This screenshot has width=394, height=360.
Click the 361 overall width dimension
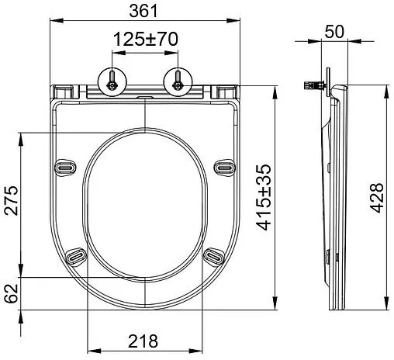(x=143, y=11)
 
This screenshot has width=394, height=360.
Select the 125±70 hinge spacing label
(x=146, y=40)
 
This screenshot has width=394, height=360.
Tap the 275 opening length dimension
(x=11, y=200)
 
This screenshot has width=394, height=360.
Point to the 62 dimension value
(x=11, y=293)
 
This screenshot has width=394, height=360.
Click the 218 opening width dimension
(x=143, y=341)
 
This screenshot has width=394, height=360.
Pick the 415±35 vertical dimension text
(x=264, y=197)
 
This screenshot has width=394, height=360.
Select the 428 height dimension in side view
(x=376, y=198)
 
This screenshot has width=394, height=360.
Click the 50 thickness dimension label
(x=334, y=32)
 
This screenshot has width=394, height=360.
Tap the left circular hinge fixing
(x=112, y=81)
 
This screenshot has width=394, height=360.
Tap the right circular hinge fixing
(x=178, y=81)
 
